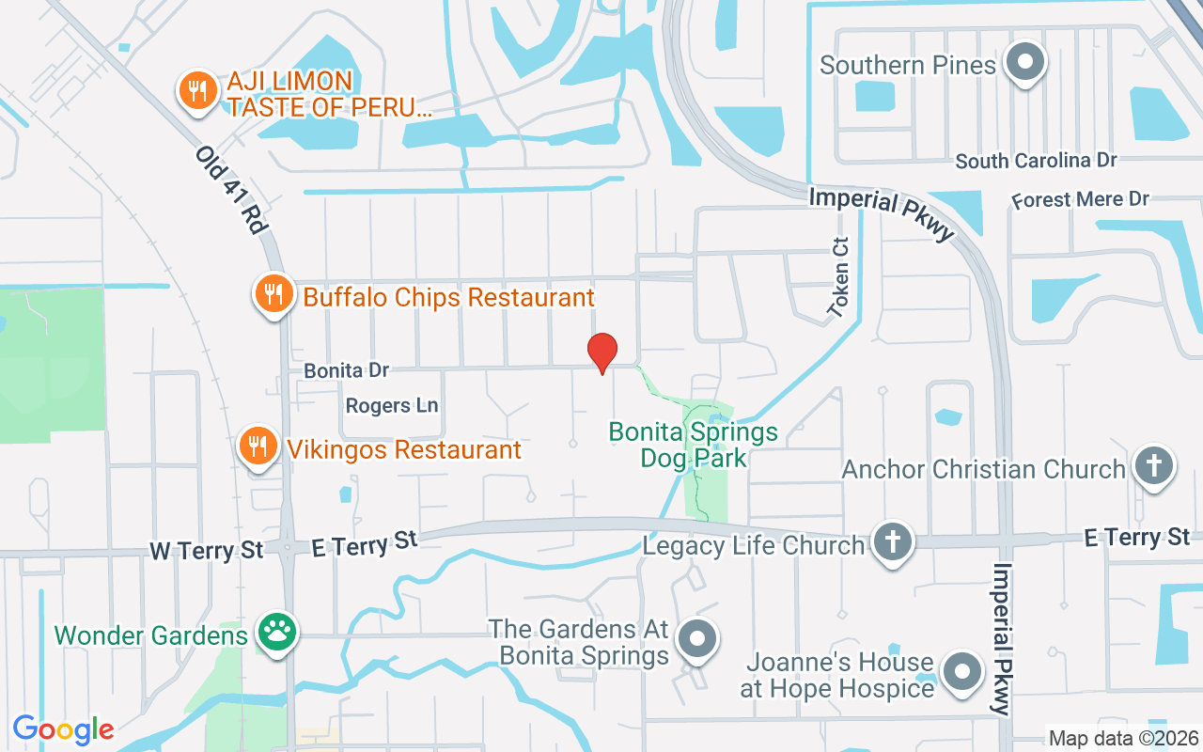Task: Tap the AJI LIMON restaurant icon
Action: point(195,91)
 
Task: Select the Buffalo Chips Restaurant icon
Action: point(273,294)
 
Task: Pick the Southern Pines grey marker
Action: point(1024,63)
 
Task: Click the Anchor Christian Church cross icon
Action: point(1154,465)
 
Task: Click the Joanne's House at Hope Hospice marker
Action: point(961,673)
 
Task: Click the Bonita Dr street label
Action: point(346,370)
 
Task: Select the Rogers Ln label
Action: point(392,406)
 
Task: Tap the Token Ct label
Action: point(838,276)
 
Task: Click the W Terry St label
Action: point(207,550)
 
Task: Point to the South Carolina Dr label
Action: point(1036,161)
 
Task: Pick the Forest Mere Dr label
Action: point(1080,200)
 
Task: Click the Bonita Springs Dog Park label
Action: point(694,445)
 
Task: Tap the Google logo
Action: point(63,729)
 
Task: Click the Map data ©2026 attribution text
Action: point(1123,738)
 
